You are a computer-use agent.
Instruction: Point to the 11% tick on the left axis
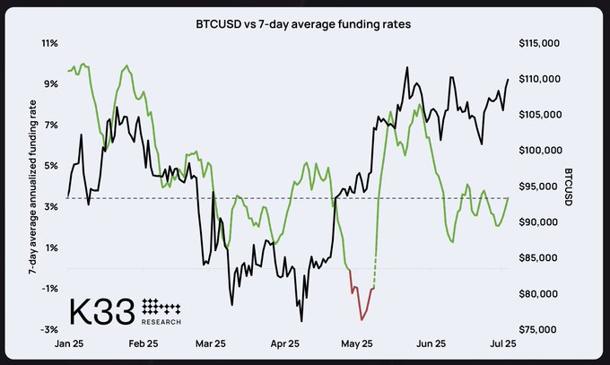[x=51, y=43]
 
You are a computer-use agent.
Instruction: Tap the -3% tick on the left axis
[x=50, y=329]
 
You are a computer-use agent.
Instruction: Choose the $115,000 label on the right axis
[x=540, y=43]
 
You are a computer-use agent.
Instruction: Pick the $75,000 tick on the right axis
[x=539, y=329]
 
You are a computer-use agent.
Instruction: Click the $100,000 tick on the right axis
[x=540, y=151]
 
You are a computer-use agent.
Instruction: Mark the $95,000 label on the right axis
[x=539, y=187]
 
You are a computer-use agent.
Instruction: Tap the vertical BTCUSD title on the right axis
[x=569, y=186]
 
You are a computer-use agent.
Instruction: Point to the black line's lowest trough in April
[x=301, y=320]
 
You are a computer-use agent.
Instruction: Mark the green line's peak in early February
[x=127, y=65]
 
